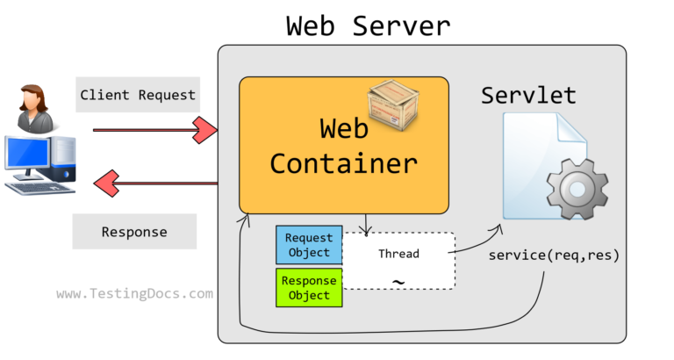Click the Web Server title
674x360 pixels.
[369, 25]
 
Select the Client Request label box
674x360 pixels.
[137, 95]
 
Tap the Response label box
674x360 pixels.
[134, 233]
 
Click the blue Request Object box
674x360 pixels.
[309, 245]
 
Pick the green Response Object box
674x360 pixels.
[309, 288]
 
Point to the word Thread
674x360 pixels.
[398, 254]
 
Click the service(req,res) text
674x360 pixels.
[554, 256]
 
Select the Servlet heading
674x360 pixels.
[527, 96]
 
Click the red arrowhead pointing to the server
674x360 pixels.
[205, 131]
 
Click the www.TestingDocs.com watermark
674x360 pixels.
[134, 294]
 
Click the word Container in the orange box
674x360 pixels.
[343, 163]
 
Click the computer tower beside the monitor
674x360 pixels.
[65, 159]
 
